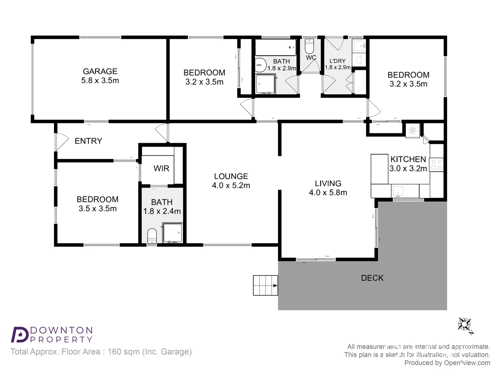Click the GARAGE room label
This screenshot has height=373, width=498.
click(100, 71)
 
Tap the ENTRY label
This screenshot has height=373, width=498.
click(89, 141)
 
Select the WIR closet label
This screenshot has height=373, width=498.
click(162, 169)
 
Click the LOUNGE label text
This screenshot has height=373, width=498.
click(231, 176)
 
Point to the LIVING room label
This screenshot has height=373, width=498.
click(328, 184)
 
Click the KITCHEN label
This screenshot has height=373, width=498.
click(408, 160)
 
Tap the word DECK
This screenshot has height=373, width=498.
click(372, 278)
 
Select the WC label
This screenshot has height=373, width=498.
click(311, 58)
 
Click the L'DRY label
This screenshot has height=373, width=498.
click(337, 61)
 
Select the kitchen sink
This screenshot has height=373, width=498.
click(398, 191)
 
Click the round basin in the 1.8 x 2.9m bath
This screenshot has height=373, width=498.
click(260, 65)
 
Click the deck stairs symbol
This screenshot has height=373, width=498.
click(265, 285)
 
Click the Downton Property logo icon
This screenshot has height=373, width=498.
click(20, 334)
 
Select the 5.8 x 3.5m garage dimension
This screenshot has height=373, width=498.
click(100, 81)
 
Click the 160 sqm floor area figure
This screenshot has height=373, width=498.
click(123, 352)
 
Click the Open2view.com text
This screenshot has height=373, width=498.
click(467, 363)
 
